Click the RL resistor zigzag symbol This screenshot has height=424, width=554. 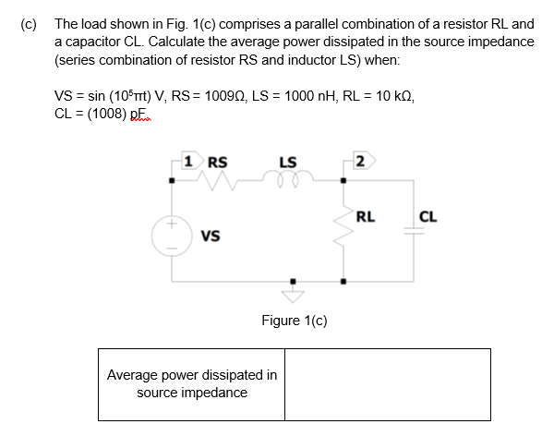(344, 237)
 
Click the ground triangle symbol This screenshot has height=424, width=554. (294, 293)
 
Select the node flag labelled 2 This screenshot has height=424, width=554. (359, 163)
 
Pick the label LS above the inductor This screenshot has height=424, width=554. (287, 163)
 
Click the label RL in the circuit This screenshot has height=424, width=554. (366, 218)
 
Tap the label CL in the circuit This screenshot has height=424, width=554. (428, 218)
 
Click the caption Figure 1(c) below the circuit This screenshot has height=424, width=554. (294, 321)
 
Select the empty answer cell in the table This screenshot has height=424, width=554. (387, 383)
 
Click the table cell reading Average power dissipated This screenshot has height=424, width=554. (191, 383)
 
